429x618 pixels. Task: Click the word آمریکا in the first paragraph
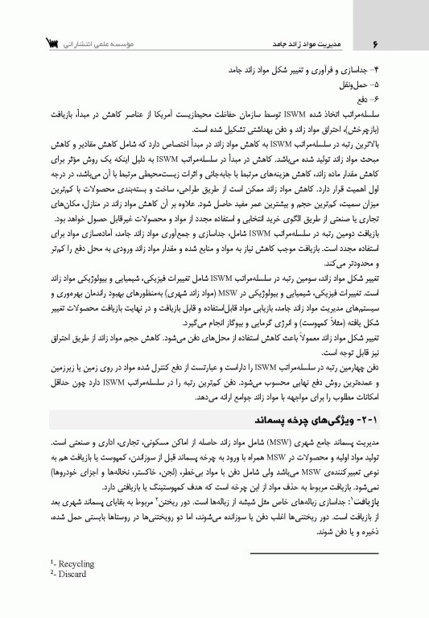tap(167, 105)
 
